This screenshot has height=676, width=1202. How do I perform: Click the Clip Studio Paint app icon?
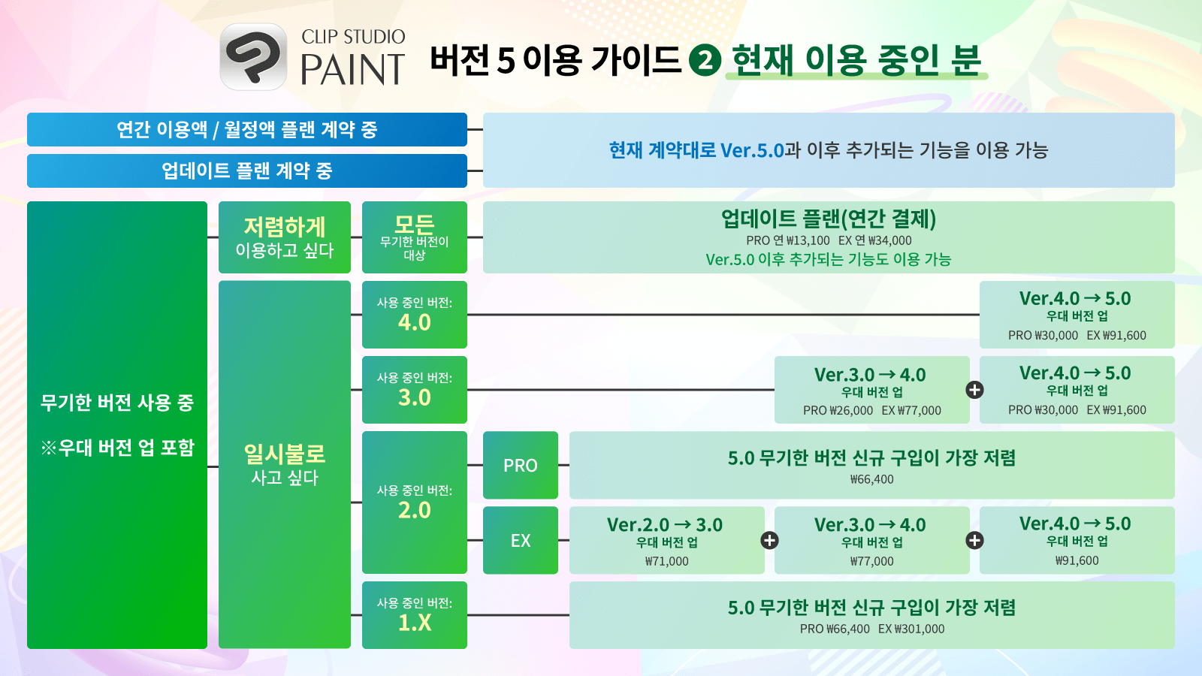(253, 56)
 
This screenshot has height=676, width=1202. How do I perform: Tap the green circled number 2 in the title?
(705, 60)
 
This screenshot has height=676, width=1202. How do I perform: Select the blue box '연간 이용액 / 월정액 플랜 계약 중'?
(247, 129)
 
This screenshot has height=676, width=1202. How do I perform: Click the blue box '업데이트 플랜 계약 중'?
(247, 171)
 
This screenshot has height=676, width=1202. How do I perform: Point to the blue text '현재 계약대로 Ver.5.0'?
(696, 150)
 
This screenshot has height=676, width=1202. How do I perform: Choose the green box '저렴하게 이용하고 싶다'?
(285, 237)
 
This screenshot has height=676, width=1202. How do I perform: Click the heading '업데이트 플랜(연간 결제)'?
(829, 219)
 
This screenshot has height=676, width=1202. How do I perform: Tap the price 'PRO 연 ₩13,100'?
(788, 240)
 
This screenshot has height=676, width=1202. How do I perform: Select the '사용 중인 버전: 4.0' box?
(414, 315)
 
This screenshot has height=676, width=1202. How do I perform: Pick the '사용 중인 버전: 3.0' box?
(414, 390)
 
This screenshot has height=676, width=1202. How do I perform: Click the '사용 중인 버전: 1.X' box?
(414, 615)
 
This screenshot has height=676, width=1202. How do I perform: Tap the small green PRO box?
(521, 465)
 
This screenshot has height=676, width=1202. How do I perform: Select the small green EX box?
(521, 540)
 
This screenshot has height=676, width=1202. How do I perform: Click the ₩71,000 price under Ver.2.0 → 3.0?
(667, 561)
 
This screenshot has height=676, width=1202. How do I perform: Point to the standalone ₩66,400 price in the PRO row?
(872, 479)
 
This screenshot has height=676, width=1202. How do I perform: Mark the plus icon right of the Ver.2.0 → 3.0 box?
(769, 540)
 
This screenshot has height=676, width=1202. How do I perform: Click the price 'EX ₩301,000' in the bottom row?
(911, 629)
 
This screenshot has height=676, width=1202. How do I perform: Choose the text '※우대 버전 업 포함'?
(117, 448)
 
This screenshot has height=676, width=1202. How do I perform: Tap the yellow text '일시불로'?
(285, 454)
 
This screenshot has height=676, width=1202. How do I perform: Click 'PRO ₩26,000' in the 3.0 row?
(838, 410)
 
